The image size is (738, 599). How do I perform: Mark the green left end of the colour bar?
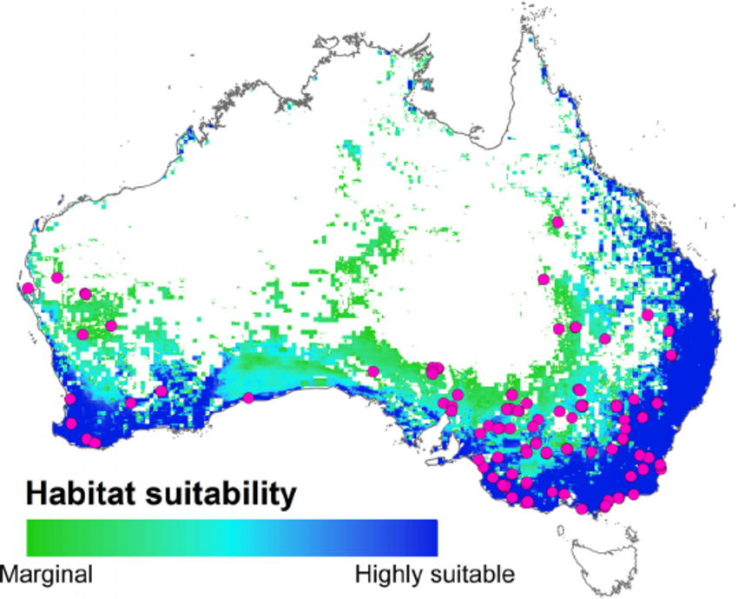point(35,538)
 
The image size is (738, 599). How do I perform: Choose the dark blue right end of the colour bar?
point(429,538)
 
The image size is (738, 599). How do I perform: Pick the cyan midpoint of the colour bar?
point(233,538)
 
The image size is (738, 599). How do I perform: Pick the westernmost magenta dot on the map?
point(29,288)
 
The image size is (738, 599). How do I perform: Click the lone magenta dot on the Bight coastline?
point(248,398)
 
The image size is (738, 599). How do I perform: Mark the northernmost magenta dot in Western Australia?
point(57,277)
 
